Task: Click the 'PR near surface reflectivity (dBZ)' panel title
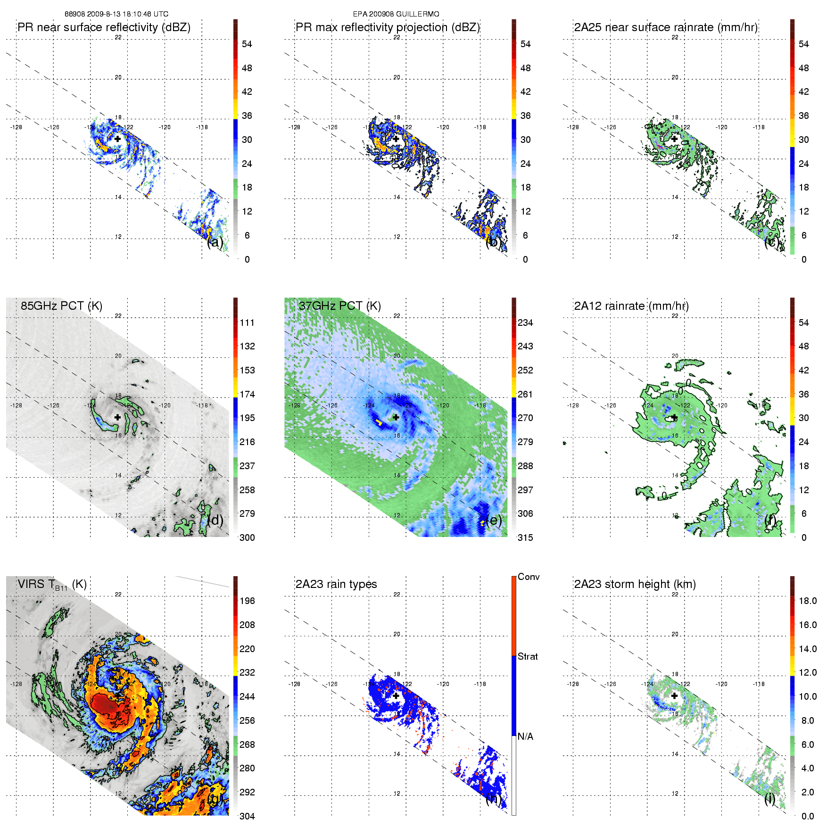click(x=104, y=27)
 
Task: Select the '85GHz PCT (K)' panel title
click(x=61, y=306)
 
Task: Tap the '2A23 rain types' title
click(x=336, y=584)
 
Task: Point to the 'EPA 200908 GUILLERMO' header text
click(x=396, y=14)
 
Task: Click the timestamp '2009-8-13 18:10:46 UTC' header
click(x=127, y=14)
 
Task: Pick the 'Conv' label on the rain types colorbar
click(x=529, y=577)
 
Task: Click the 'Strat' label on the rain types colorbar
click(x=528, y=656)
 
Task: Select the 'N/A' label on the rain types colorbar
click(x=526, y=736)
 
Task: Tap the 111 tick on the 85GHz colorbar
click(x=247, y=322)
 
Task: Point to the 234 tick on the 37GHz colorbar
click(x=525, y=322)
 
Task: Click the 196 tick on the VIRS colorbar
click(x=247, y=601)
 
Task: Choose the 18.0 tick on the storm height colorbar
click(x=808, y=601)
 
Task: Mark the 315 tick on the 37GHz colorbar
click(x=525, y=537)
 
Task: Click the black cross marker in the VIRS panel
click(x=117, y=695)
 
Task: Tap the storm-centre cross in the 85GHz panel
click(x=117, y=417)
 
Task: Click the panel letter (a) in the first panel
click(x=215, y=242)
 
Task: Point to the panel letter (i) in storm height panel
click(x=769, y=799)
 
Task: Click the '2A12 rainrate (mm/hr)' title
click(x=631, y=306)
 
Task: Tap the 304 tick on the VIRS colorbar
click(x=247, y=816)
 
